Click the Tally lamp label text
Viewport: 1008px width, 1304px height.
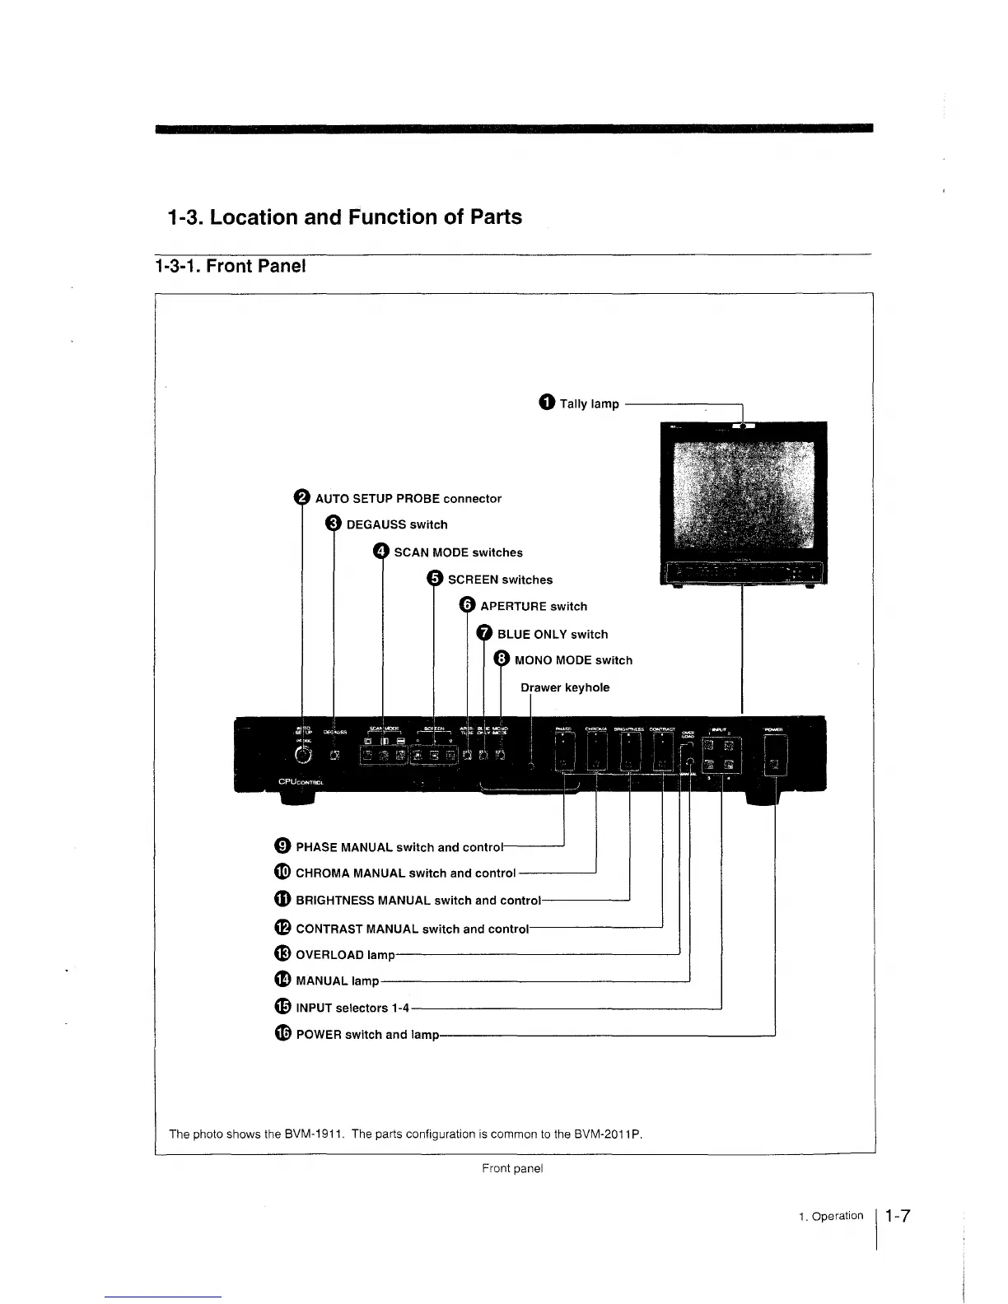[589, 403]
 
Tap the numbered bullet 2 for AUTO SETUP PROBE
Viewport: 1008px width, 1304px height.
[301, 498]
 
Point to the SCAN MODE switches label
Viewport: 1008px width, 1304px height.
[458, 552]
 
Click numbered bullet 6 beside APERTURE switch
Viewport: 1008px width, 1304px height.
[467, 606]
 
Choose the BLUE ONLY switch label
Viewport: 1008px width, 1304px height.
[553, 634]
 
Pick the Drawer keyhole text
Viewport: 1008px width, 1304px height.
[565, 687]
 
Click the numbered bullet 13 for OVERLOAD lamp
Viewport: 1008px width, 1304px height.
[282, 954]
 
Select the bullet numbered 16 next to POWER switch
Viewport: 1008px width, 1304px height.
[282, 1034]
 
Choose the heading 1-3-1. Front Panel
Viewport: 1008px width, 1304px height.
[230, 266]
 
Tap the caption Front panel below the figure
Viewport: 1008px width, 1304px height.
[512, 1168]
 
